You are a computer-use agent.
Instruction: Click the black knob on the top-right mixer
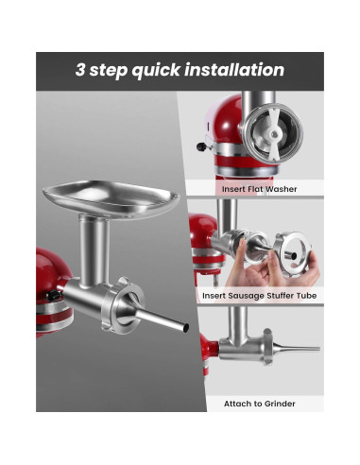click(199, 147)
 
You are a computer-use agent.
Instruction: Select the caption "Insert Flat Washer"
click(259, 189)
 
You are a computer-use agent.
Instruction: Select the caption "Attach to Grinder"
click(259, 404)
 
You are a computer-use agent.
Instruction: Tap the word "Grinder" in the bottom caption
click(279, 404)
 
